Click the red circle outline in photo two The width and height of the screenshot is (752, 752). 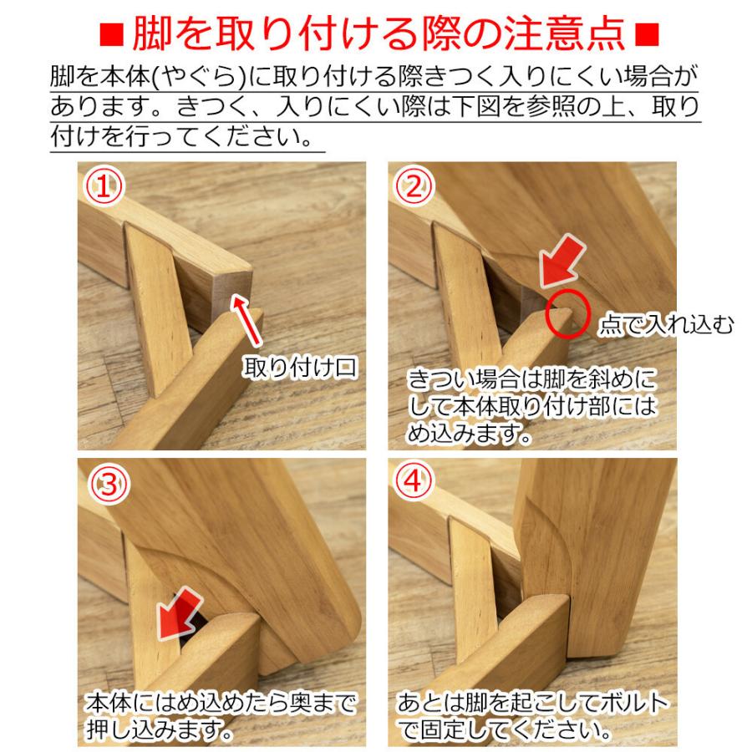point(566,314)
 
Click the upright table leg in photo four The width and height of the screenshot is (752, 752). point(597,551)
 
